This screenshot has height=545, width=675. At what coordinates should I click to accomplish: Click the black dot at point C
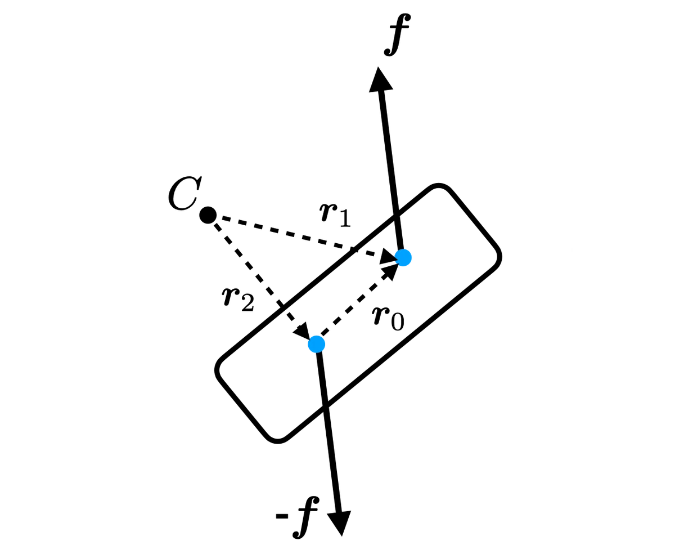point(208,215)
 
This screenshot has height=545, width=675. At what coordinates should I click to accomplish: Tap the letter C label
point(185,193)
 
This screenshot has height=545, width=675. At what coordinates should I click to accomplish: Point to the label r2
point(237,300)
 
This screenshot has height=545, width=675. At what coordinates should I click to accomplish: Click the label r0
point(388,318)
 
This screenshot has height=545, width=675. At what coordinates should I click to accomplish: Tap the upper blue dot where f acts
point(403,257)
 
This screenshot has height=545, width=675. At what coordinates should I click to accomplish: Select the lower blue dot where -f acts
point(317,344)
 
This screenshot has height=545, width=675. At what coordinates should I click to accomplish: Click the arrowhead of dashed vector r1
point(388,257)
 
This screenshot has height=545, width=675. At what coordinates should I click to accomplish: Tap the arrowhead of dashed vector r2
point(302,331)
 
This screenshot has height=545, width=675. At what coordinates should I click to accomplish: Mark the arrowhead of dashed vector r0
point(389,272)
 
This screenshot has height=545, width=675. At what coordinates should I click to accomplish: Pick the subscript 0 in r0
point(397,322)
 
